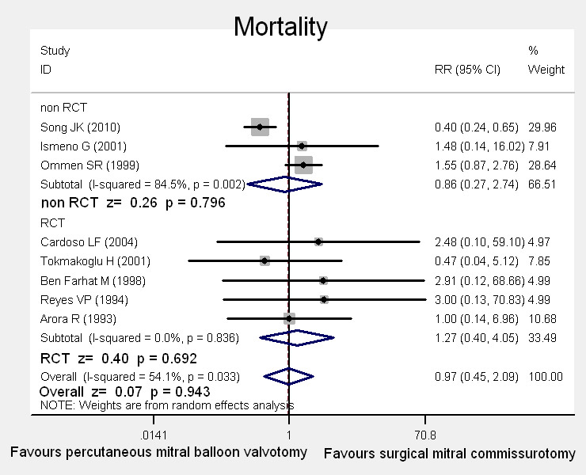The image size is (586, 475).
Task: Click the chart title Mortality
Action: pyautogui.click(x=280, y=28)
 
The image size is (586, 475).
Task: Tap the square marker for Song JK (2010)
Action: pyautogui.click(x=260, y=127)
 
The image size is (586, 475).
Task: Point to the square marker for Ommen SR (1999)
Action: pyautogui.click(x=303, y=165)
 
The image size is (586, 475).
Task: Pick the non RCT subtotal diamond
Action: pyautogui.click(x=285, y=184)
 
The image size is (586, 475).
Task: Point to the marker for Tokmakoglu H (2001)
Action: pyautogui.click(x=264, y=260)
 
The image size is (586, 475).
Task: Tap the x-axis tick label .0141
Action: pyautogui.click(x=153, y=435)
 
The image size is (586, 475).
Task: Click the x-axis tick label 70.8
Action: pyautogui.click(x=425, y=435)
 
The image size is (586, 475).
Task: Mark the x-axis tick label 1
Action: pyautogui.click(x=289, y=435)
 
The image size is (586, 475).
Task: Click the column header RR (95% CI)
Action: pyautogui.click(x=468, y=70)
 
